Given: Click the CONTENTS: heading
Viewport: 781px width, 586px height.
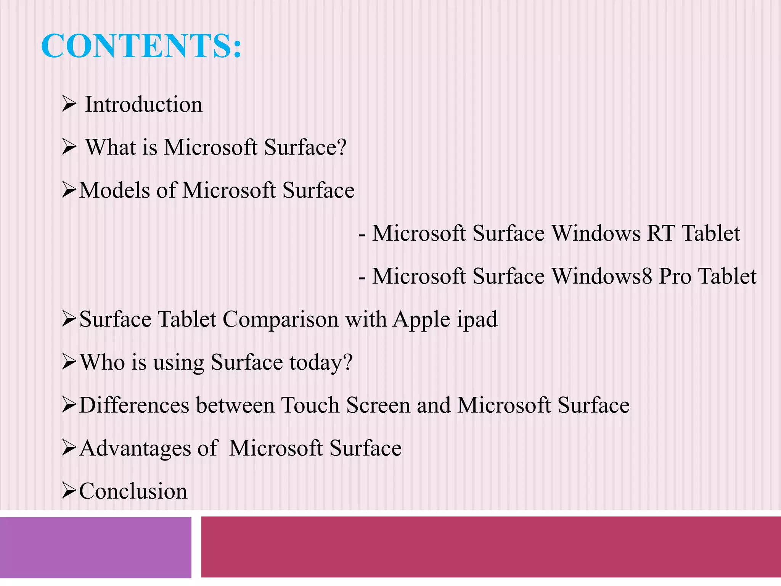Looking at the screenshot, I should click(x=141, y=46).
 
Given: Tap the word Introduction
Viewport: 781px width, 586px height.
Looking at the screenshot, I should click(x=143, y=105).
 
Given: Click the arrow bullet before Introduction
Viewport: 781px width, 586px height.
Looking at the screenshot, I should click(x=69, y=104).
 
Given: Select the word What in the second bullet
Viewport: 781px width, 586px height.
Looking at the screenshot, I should click(x=111, y=147).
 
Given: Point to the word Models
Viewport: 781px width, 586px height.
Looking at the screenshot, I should click(x=114, y=190).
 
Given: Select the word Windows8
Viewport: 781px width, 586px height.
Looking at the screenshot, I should click(x=602, y=276).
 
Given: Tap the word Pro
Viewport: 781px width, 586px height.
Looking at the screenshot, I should click(x=675, y=276).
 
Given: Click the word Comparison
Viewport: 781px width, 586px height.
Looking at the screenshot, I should click(x=280, y=319).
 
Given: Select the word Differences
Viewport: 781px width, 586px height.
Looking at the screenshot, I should click(x=134, y=405).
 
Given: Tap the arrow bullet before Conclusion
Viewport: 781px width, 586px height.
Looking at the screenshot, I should click(x=69, y=491).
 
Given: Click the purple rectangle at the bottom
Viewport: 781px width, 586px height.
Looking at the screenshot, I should click(x=95, y=547).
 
